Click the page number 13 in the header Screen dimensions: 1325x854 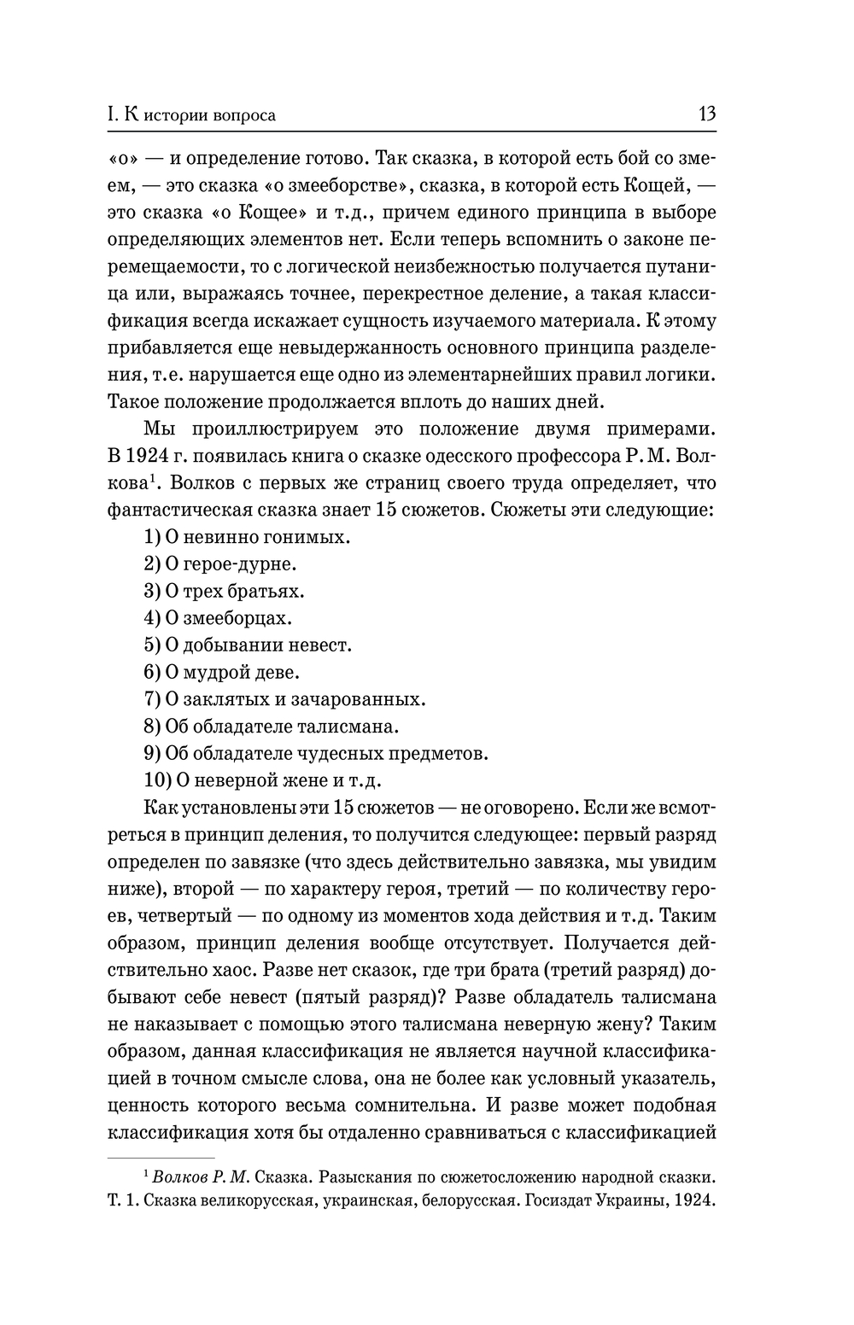706,114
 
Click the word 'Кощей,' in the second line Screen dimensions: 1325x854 654,185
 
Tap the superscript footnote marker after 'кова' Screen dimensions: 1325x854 150,477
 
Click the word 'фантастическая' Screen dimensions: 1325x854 178,510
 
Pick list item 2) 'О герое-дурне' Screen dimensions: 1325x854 219,564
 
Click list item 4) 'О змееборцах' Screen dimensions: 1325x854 219,618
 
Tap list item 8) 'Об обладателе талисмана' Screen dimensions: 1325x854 272,727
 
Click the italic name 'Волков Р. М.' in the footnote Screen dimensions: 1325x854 200,1178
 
